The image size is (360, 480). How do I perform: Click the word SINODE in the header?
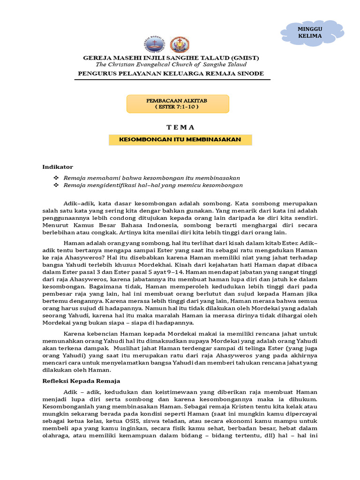point(251,74)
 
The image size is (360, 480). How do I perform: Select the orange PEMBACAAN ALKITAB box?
point(178,104)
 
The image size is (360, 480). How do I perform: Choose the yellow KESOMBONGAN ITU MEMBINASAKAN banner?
point(180,140)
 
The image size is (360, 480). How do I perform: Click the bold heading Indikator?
point(58,166)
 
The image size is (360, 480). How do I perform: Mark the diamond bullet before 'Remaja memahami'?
point(56,178)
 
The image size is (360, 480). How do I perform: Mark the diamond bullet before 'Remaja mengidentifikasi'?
point(56,185)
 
